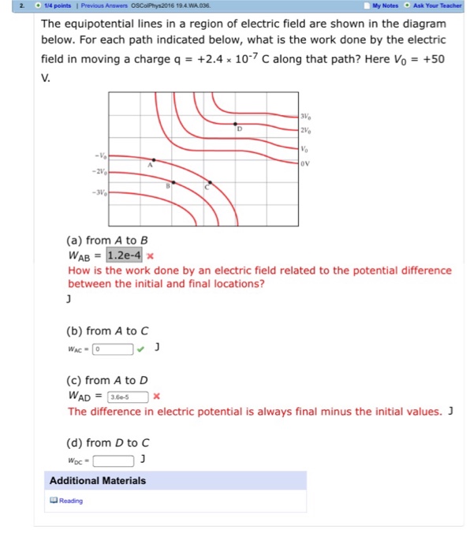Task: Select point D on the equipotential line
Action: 237,125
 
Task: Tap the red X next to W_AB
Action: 150,255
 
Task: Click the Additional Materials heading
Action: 98,480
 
